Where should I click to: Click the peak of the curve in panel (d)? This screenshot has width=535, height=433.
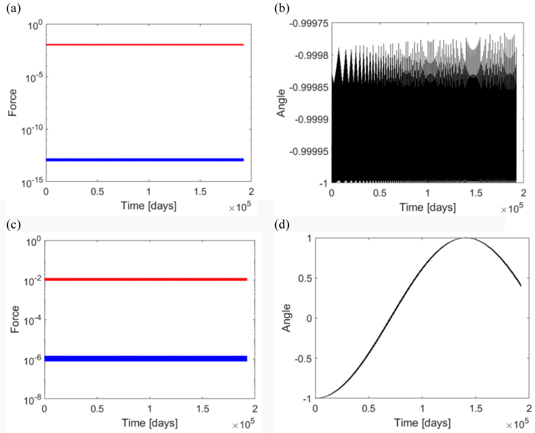pyautogui.click(x=465, y=238)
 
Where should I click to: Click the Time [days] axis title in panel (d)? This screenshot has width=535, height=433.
pyautogui.click(x=421, y=422)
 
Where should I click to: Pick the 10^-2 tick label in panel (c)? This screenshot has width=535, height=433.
pyautogui.click(x=32, y=280)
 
